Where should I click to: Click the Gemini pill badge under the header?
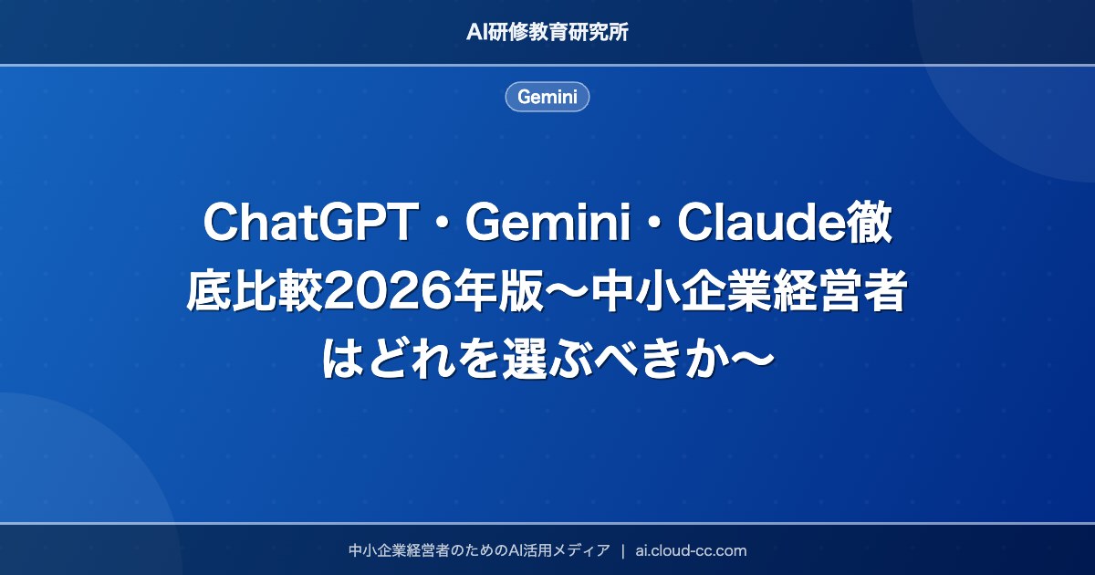tap(547, 97)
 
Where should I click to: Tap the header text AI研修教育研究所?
tap(547, 32)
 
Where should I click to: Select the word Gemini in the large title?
tap(547, 225)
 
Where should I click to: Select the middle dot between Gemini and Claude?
tap(652, 225)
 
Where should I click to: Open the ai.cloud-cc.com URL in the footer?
tap(691, 550)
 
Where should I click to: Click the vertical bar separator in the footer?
tap(622, 550)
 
